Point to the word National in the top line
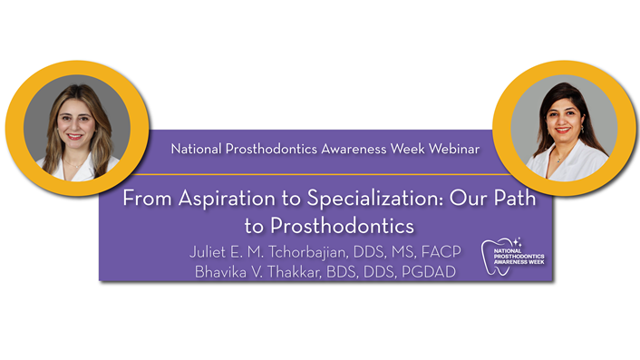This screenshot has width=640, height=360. tap(199, 147)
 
